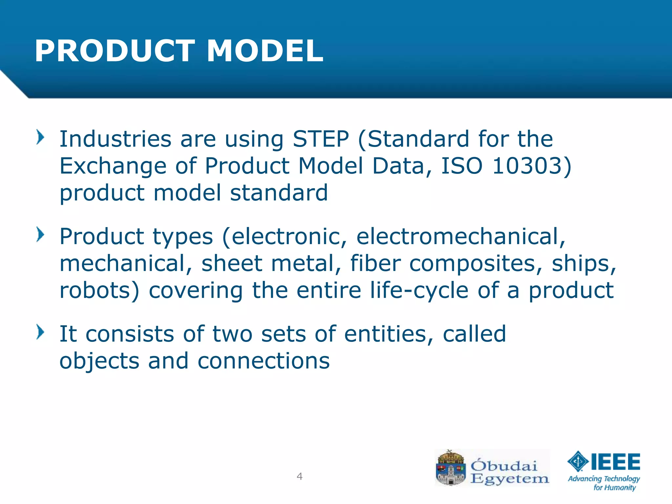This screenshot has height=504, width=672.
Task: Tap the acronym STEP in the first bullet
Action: tap(321, 139)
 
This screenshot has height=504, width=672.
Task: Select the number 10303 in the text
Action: tap(527, 166)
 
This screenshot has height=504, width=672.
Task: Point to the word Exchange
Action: tap(113, 166)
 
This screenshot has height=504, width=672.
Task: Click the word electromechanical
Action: tap(461, 236)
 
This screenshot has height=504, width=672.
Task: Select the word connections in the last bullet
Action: tap(263, 361)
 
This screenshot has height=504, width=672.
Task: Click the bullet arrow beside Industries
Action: tap(40, 137)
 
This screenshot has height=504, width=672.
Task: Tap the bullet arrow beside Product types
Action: tap(40, 235)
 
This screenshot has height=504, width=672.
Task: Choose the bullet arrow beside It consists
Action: tap(40, 332)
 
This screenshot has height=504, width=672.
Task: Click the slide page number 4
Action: tap(299, 476)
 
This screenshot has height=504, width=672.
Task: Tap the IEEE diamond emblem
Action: tap(578, 461)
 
